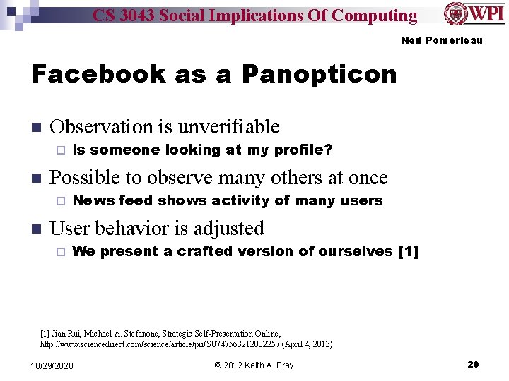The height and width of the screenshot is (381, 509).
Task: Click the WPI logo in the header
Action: pyautogui.click(x=474, y=15)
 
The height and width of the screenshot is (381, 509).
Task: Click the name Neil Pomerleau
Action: pyautogui.click(x=441, y=40)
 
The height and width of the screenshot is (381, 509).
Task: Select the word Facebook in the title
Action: pyautogui.click(x=98, y=73)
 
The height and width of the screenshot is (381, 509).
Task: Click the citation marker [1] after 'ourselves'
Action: pyautogui.click(x=409, y=251)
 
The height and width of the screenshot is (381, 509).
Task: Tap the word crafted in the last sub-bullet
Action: pyautogui.click(x=203, y=251)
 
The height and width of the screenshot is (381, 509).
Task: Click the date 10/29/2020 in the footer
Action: pyautogui.click(x=52, y=365)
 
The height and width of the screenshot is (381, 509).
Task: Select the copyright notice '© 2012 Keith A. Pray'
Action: pyautogui.click(x=254, y=365)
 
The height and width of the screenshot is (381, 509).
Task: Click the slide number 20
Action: pyautogui.click(x=473, y=364)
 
